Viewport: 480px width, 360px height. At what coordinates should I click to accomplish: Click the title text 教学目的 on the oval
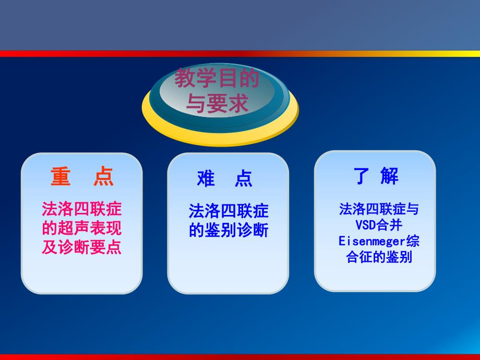[x=217, y=80]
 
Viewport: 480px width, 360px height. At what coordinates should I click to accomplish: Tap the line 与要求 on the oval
[x=217, y=104]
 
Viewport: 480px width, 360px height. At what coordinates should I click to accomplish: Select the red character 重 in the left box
[x=61, y=177]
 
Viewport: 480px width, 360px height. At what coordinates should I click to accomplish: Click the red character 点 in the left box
[x=103, y=177]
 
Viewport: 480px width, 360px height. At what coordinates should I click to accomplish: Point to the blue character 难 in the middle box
[x=206, y=178]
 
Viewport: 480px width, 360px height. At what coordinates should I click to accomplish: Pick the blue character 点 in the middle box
[x=243, y=178]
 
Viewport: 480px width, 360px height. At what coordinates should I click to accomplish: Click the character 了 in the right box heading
[x=362, y=176]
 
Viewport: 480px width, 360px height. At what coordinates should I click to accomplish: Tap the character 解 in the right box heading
[x=389, y=176]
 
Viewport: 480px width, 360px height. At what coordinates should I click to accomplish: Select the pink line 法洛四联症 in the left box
[x=81, y=210]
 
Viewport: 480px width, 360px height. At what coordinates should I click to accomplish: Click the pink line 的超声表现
[x=81, y=229]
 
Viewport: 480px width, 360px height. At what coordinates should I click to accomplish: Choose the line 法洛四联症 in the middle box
[x=229, y=211]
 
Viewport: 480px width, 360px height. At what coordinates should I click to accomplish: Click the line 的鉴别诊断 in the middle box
[x=229, y=230]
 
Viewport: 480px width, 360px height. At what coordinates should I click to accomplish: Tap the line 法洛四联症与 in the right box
[x=379, y=210]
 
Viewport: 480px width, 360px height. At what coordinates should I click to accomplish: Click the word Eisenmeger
[x=371, y=242]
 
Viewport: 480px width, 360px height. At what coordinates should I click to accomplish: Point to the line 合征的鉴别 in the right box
[x=379, y=257]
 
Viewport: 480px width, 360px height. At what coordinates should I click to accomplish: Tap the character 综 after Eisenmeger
[x=413, y=242]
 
